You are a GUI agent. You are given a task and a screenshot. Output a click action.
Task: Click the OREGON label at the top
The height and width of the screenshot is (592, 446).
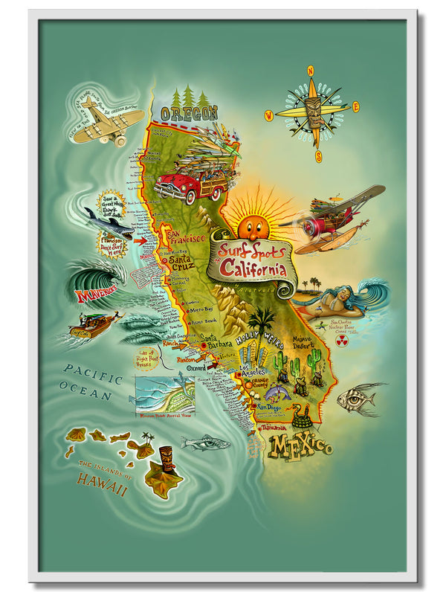189,114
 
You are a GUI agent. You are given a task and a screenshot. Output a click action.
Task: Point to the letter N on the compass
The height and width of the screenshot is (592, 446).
311,73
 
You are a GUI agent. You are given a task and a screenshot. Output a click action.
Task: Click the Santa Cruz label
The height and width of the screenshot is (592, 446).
186,261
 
